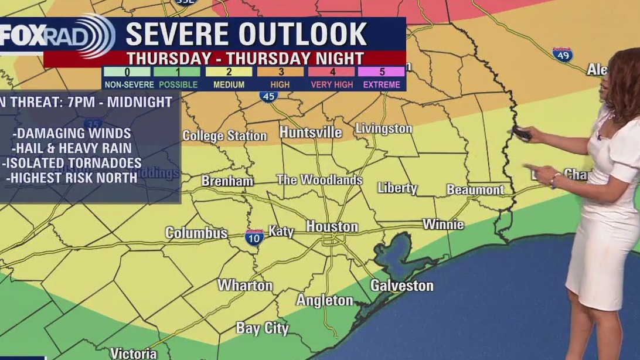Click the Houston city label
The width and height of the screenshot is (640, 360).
point(332,226)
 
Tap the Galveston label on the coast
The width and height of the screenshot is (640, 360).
point(401,286)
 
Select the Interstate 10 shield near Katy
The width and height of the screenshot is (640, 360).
point(254,237)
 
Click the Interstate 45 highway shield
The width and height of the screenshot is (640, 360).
point(269,96)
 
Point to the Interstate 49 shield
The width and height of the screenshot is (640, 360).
point(562,55)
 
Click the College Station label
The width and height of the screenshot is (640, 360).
point(224,135)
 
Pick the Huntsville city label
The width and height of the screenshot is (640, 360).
point(311,133)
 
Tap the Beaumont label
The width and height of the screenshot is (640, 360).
point(475,190)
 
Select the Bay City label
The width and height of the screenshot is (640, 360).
point(262,328)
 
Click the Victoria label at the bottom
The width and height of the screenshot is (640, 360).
point(133,354)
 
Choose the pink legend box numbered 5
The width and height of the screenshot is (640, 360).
point(382,72)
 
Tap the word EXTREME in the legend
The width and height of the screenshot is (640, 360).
point(382,85)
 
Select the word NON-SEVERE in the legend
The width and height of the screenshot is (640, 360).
point(127,85)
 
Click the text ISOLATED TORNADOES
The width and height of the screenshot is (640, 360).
point(72,163)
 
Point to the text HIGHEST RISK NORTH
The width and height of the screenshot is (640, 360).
point(72,178)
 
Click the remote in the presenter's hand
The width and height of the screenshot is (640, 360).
point(522,133)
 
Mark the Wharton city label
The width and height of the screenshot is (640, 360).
point(245,286)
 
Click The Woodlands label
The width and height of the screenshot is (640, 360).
point(319,180)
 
